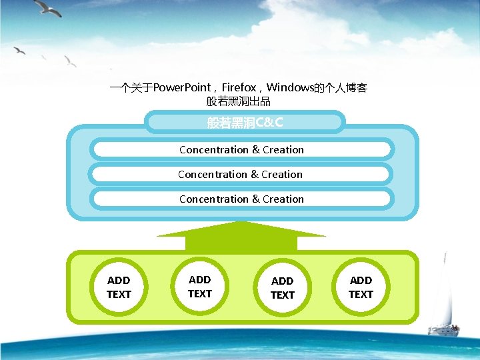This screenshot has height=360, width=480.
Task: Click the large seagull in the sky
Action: pos(48,7)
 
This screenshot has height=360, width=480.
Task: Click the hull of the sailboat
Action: pos(443,331)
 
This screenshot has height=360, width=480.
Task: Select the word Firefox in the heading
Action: pos(239,88)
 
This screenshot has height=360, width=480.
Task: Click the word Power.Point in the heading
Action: pos(182,88)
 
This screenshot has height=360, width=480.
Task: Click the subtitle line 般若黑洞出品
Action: pos(239,101)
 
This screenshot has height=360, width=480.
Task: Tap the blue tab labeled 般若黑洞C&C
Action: pos(245,123)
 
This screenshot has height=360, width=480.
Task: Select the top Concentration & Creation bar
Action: pos(241,150)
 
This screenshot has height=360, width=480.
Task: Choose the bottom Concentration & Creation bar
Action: pos(241,199)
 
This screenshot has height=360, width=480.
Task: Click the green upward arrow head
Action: pos(241,229)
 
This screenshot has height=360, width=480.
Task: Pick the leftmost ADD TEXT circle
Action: pos(119,287)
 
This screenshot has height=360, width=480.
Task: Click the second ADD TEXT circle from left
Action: pos(199,287)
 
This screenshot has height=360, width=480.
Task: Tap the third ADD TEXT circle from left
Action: pos(282,287)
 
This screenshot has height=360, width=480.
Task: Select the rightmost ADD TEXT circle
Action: pos(361,287)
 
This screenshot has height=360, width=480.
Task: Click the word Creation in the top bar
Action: pos(283,150)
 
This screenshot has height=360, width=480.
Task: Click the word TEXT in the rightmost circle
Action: pos(361,295)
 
